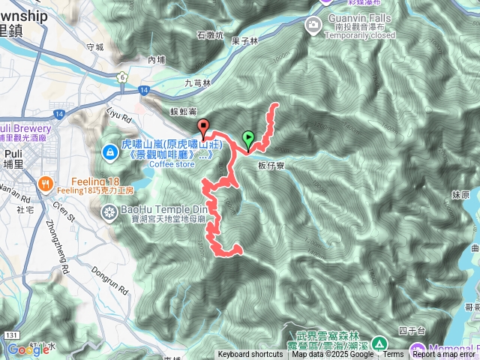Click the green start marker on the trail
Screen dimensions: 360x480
point(248,139)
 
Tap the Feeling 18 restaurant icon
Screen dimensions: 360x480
point(45,181)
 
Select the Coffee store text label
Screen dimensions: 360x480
point(172,163)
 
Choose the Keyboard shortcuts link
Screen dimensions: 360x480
point(250,355)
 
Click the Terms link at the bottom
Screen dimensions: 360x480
point(393,355)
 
